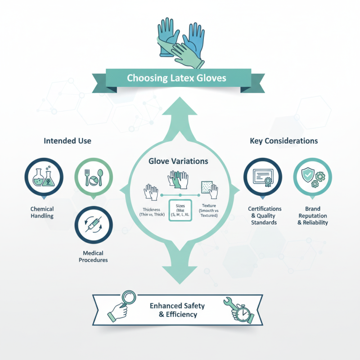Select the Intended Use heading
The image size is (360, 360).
pos(67,141)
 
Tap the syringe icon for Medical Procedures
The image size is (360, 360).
pos(93,224)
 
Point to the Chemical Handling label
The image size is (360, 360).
pos(42,212)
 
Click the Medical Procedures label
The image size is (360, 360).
pos(93,256)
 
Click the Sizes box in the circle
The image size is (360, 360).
pos(180,210)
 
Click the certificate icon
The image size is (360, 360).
pos(262,177)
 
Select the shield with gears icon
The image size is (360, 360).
pos(312,177)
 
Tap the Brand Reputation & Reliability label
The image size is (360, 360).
pos(313,216)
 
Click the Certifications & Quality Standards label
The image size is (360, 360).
pos(265,216)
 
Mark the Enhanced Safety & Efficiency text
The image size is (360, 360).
pos(177,310)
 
